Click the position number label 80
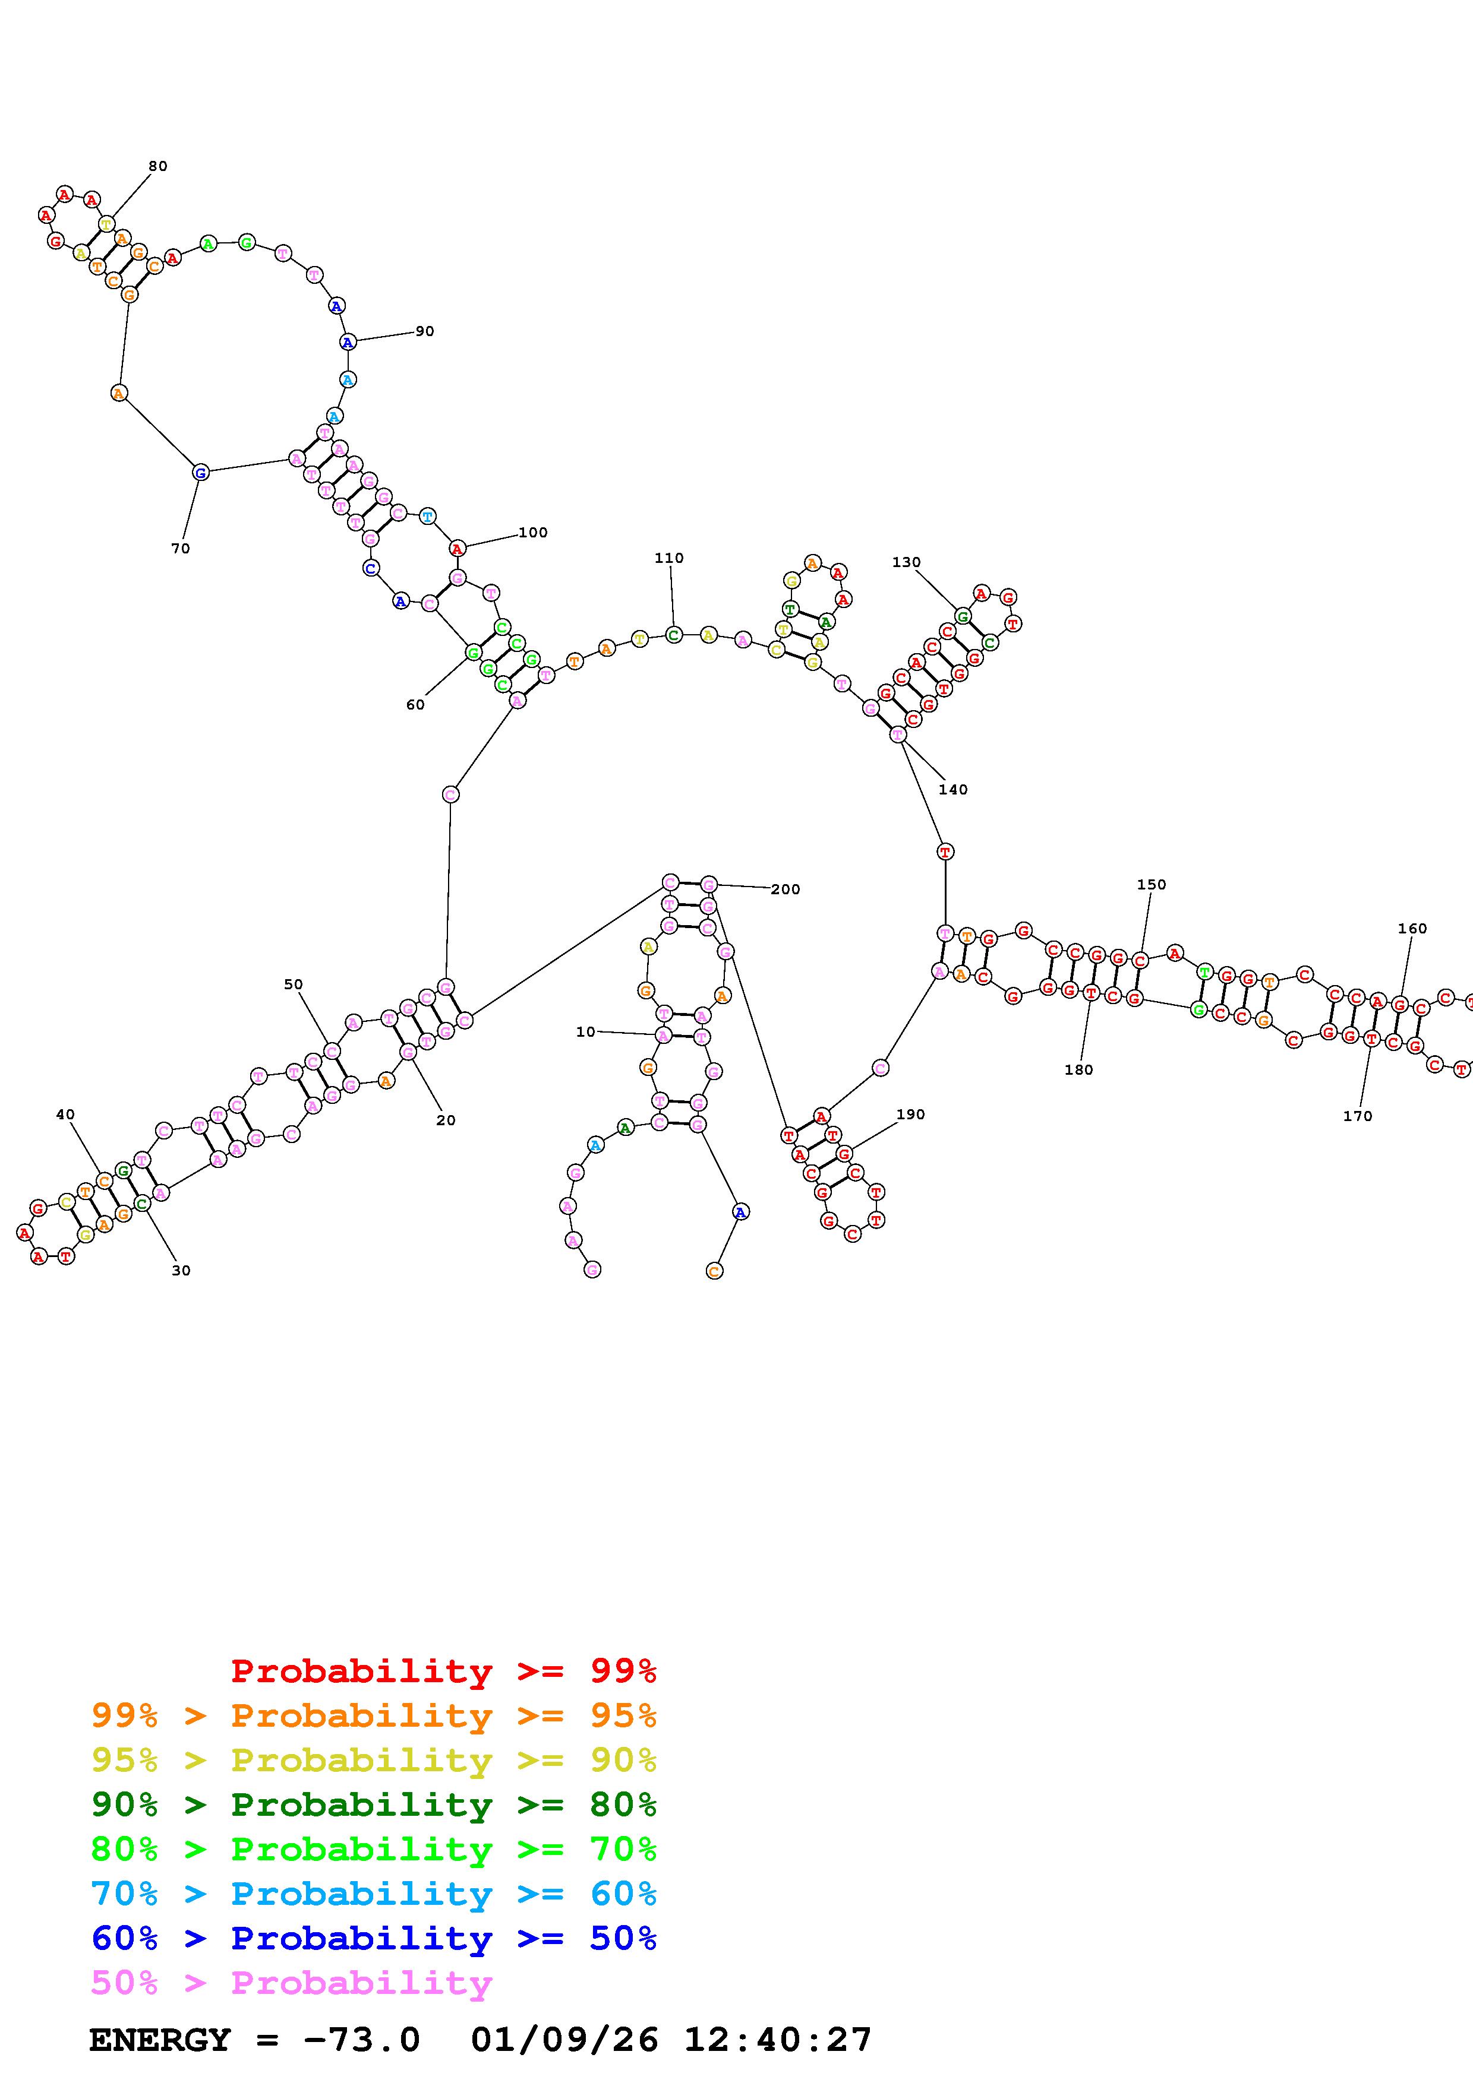(x=158, y=166)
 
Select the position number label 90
(x=425, y=331)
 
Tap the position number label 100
(x=533, y=533)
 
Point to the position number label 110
(x=669, y=558)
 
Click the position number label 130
(x=906, y=562)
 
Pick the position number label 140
(x=953, y=789)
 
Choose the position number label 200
(x=785, y=889)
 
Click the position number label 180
(x=1078, y=1069)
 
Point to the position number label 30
(x=181, y=1270)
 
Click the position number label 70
(x=181, y=548)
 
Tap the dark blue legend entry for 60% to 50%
(x=373, y=1938)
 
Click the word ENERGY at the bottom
(x=160, y=2040)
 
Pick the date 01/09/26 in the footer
(x=564, y=2040)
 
